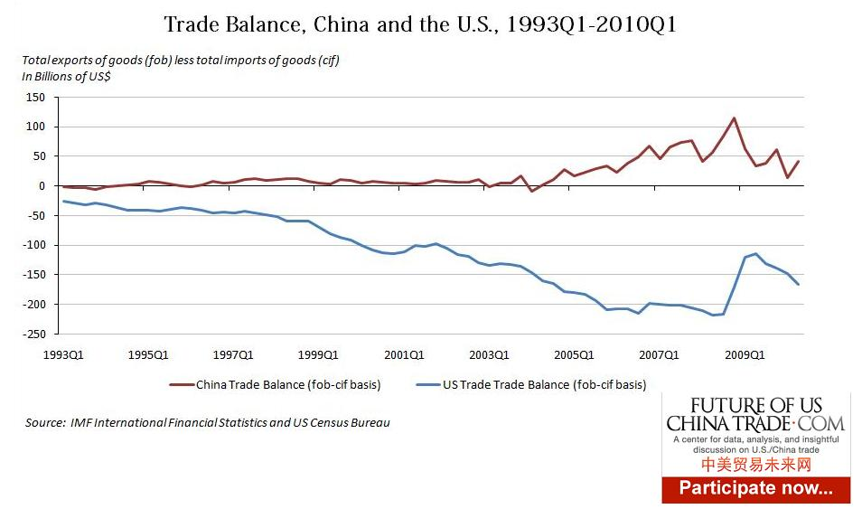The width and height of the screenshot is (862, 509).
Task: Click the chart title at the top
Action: coord(419,24)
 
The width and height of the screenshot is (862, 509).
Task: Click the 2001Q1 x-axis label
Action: coord(405,353)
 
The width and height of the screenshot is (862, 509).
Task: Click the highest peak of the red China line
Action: coord(734,118)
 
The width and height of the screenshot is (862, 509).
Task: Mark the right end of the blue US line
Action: coord(799,285)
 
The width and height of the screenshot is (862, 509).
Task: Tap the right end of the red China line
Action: coord(799,161)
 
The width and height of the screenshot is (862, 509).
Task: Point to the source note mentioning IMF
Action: coord(208,422)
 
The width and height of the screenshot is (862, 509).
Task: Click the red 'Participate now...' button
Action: coord(755,488)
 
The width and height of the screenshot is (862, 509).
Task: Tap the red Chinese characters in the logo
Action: coord(755,464)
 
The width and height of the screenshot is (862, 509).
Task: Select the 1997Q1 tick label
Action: coord(234,353)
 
